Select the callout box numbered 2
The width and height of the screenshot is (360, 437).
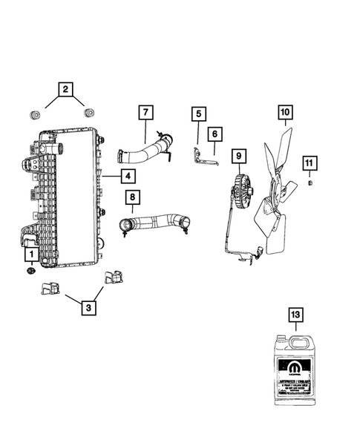coord(66,91)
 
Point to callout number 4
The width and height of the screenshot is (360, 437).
coord(128,176)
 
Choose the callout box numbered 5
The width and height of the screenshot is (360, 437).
coord(197,114)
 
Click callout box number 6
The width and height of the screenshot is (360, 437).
coord(215,134)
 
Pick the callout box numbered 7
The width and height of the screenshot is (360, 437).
coord(145,114)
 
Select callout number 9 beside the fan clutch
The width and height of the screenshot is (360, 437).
coord(238,157)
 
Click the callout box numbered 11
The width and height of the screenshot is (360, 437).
coord(309,163)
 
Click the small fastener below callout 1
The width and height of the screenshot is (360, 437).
coord(30,272)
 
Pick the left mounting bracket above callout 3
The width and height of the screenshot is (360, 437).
coord(50,288)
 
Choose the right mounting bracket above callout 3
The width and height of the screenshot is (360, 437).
coord(114,277)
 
